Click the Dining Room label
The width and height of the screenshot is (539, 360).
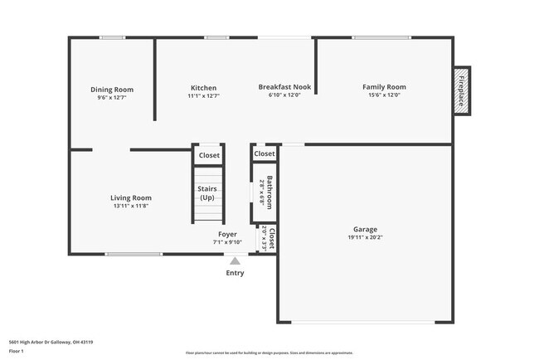[x=112, y=90]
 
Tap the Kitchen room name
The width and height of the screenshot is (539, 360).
[x=203, y=88]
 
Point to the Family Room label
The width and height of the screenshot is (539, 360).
[x=384, y=87]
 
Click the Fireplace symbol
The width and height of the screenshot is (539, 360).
[x=462, y=91]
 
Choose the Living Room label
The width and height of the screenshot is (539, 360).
[x=131, y=197]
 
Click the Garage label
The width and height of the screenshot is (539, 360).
[x=365, y=229]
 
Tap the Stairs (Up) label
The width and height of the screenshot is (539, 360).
[x=207, y=193]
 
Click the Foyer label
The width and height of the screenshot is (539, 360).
[x=227, y=234]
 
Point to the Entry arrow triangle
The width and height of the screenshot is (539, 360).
[x=235, y=260]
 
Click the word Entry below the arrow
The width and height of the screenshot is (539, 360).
[x=235, y=273]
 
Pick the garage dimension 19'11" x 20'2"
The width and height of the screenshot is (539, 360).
[x=365, y=237]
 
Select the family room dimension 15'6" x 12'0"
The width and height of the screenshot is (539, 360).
[x=384, y=95]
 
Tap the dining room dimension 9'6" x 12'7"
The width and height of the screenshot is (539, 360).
[x=112, y=98]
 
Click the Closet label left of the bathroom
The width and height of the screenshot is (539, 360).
[x=265, y=154]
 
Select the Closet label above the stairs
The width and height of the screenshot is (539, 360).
[x=209, y=155]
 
